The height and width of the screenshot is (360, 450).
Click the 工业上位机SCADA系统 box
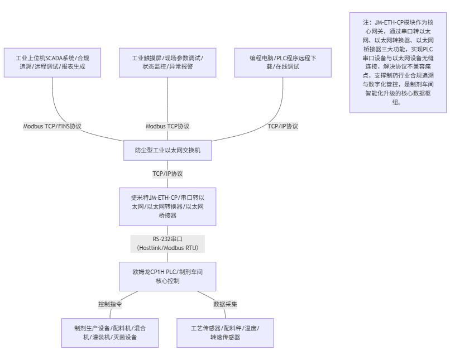pos(52,62)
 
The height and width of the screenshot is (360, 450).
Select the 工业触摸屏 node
pos(167,62)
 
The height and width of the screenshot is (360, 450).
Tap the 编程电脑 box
pos(283,62)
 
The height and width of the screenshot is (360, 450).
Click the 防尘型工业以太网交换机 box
pos(167,150)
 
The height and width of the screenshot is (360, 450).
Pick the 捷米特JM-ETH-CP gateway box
pos(167,207)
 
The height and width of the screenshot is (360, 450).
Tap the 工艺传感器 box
pos(225,333)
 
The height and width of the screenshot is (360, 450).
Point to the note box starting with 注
pos(398,62)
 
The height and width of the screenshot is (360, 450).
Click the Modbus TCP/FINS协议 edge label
pos(52,126)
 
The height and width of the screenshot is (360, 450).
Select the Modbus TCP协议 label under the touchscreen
pos(167,126)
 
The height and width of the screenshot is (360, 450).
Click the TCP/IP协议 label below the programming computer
pos(283,126)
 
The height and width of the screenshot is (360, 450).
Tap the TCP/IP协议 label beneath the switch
pos(167,174)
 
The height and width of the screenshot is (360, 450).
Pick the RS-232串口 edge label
pos(167,239)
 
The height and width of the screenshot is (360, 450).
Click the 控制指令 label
pos(110,304)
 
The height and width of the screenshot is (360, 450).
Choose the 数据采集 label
pos(225,304)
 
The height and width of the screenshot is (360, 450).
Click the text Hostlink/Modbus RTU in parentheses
pos(167,247)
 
